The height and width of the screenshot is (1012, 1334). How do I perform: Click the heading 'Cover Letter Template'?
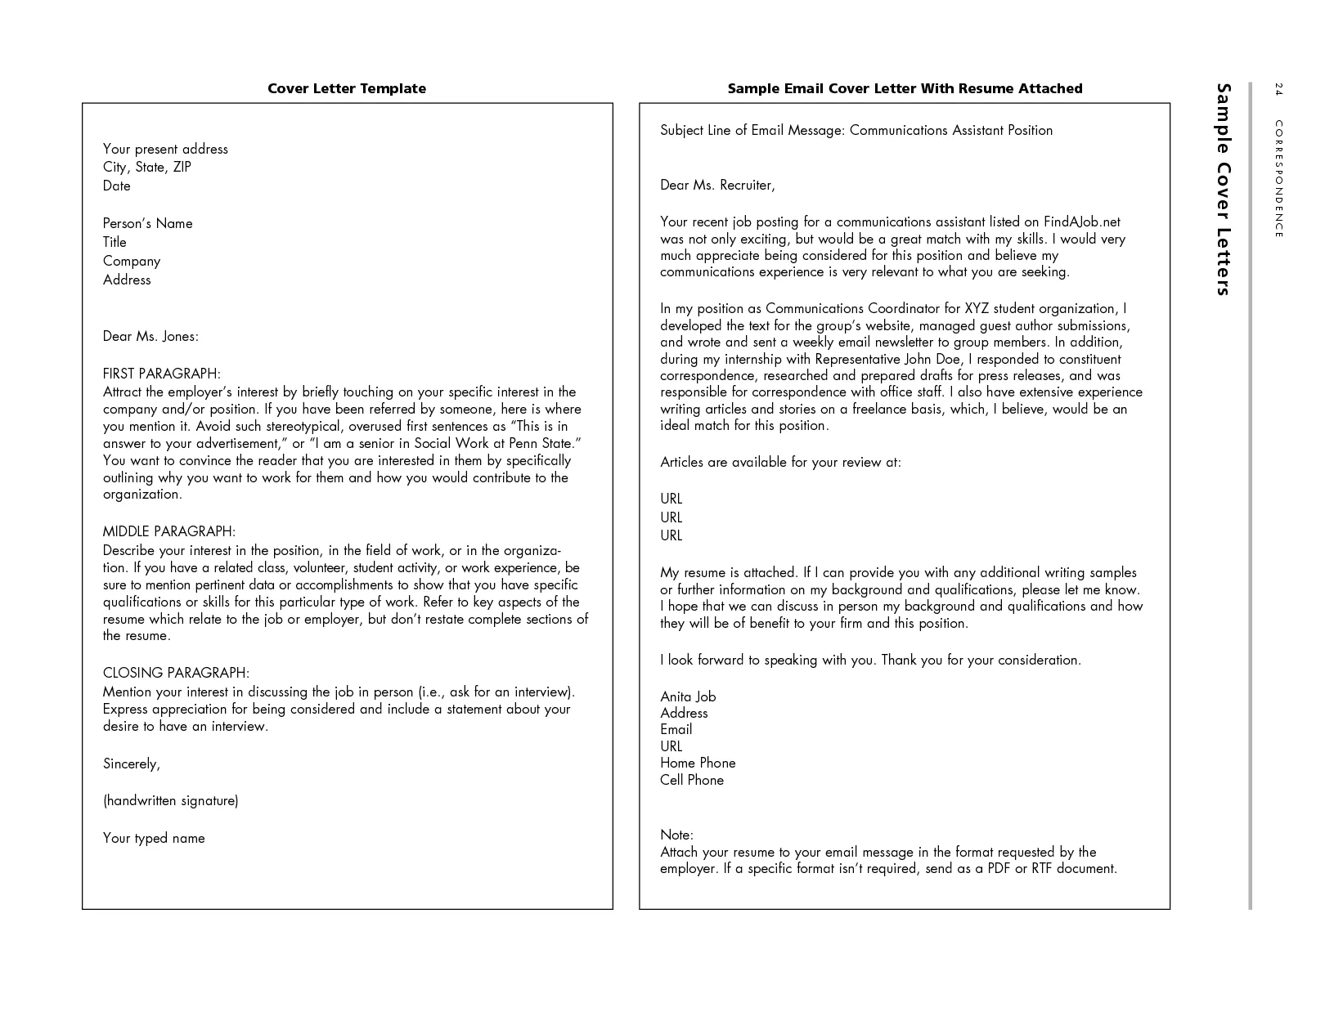pos(347,88)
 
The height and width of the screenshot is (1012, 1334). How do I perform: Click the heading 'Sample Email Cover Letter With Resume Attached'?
pos(905,88)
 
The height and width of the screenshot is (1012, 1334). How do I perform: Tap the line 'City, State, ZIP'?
pos(147,168)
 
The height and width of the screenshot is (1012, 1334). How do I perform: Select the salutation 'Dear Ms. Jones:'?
pos(150,337)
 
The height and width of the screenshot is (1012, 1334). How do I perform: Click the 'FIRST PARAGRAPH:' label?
pos(161,374)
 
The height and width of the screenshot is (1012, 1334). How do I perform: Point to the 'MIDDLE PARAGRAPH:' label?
pos(168,531)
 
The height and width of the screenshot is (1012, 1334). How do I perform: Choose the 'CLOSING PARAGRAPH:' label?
pos(176,673)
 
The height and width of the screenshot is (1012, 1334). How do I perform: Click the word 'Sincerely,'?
pos(131,763)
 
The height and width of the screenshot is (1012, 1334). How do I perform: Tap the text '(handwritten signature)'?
pos(170,801)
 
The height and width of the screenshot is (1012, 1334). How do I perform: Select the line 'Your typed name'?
pos(154,838)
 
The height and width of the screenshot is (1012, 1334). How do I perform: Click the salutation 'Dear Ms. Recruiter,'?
pos(717,186)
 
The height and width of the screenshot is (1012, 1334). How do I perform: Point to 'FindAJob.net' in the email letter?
pos(1081,222)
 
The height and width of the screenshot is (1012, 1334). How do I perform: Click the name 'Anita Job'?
pos(688,696)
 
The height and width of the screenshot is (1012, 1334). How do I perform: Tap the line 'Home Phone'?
pos(698,763)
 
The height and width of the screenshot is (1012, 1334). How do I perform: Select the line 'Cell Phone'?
pos(692,780)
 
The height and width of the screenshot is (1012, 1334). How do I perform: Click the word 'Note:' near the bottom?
pos(676,835)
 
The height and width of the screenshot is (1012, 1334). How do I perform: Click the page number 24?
pos(1278,89)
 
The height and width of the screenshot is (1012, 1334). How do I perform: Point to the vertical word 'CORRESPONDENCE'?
pos(1278,179)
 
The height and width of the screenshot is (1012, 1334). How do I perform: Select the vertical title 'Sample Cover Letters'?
pos(1223,189)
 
